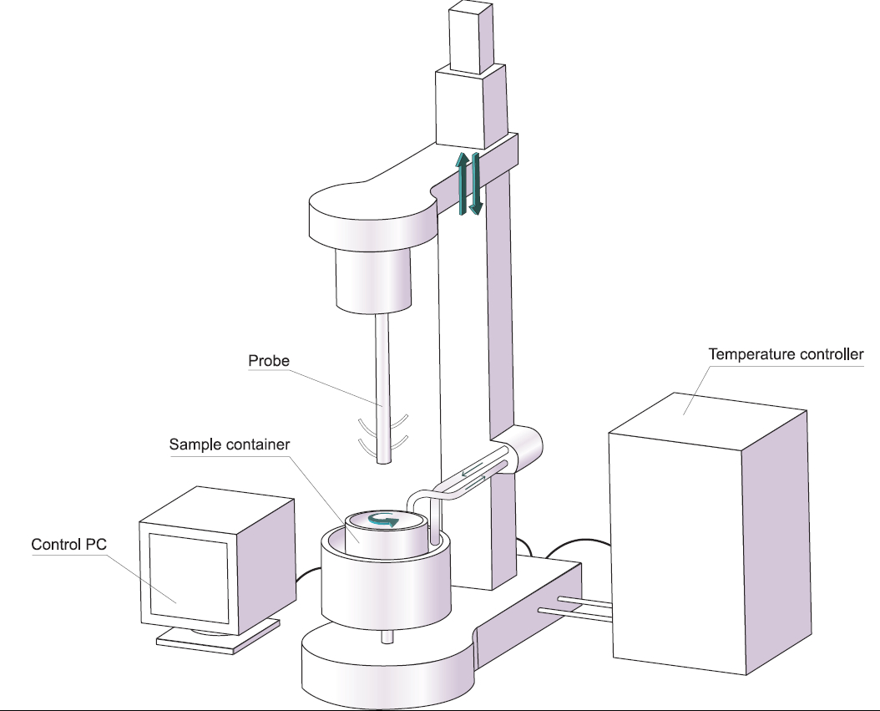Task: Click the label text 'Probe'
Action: click(268, 362)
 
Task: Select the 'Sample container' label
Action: click(229, 444)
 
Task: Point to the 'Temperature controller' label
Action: click(786, 354)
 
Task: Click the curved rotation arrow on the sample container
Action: click(385, 521)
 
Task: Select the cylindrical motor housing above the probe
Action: click(375, 277)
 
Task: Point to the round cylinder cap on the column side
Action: click(528, 450)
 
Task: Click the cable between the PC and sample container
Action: click(308, 576)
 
